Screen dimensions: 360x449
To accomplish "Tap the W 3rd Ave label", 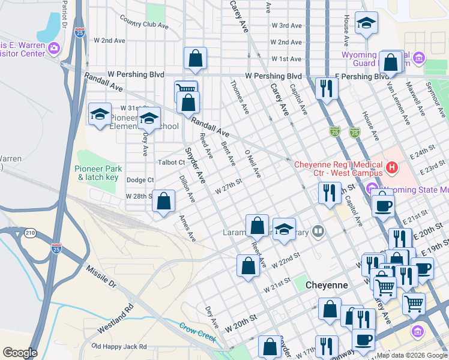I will [286, 26].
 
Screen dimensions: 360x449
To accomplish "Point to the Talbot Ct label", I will [171, 163].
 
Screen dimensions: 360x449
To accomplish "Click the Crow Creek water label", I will [197, 332].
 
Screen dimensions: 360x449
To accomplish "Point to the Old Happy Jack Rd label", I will [119, 347].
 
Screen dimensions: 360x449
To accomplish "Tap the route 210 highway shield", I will [30, 233].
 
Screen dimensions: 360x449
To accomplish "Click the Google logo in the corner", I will [20, 353].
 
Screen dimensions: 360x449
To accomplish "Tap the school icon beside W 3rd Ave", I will [366, 23].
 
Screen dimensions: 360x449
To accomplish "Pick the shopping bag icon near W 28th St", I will [163, 202].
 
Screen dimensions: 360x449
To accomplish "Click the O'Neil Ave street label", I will [253, 164].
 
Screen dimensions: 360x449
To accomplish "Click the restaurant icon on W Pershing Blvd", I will [327, 89].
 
